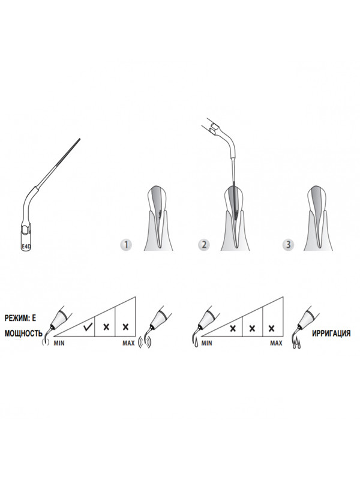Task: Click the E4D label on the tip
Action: (x=26, y=245)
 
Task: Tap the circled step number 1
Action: (x=126, y=245)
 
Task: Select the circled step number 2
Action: (x=204, y=245)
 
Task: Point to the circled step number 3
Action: (x=288, y=245)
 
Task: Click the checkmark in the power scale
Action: (x=88, y=327)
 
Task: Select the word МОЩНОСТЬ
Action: (x=23, y=334)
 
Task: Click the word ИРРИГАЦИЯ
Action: (x=331, y=334)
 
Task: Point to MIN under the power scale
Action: (x=59, y=343)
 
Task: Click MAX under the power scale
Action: (x=128, y=343)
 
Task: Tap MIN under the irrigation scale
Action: (x=206, y=343)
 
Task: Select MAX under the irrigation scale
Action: (x=276, y=343)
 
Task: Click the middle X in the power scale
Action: (x=106, y=327)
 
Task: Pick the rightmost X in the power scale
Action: (x=125, y=327)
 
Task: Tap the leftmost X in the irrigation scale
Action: (x=233, y=328)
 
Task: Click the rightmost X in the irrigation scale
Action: (x=271, y=328)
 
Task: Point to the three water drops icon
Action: (x=296, y=344)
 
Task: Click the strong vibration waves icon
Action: (x=145, y=341)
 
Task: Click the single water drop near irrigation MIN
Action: (x=196, y=343)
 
